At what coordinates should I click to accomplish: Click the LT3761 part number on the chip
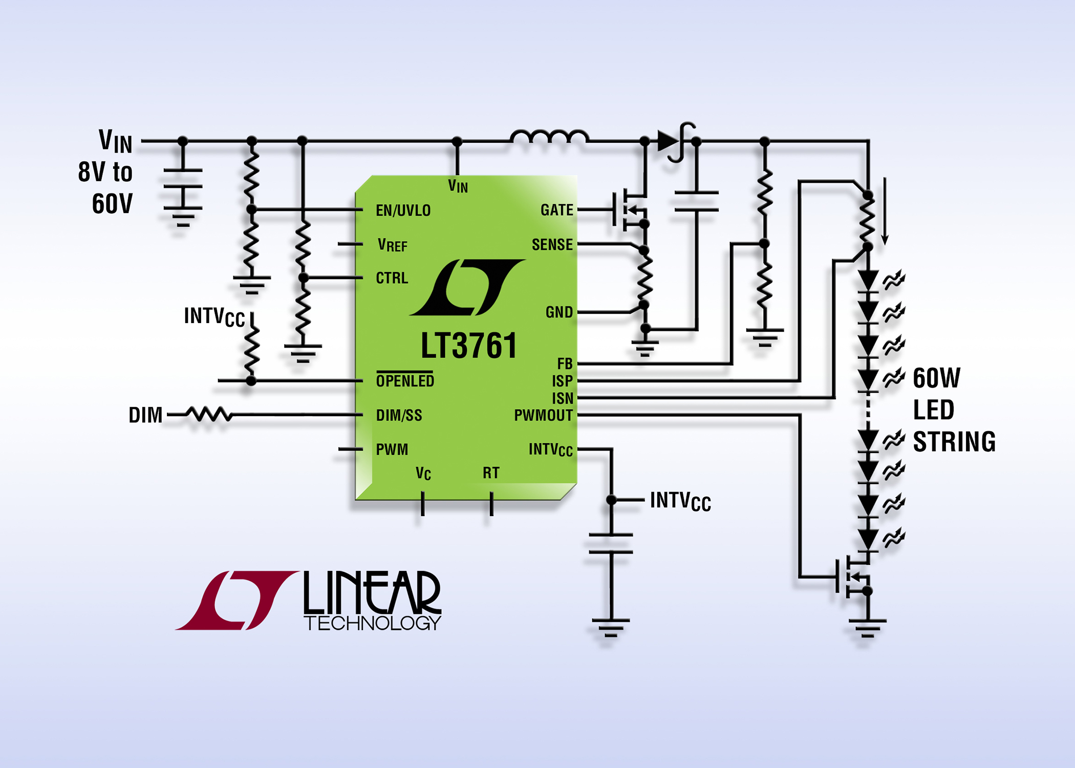[x=468, y=346]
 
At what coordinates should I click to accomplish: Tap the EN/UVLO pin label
[x=403, y=210]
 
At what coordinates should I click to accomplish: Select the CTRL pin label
[x=392, y=278]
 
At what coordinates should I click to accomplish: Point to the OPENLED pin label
[x=405, y=381]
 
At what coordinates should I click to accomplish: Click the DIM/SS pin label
[x=399, y=415]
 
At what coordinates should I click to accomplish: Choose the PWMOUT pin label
[x=543, y=415]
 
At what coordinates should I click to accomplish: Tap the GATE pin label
[x=556, y=210]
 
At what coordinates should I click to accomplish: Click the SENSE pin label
[x=552, y=245]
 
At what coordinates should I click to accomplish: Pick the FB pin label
[x=565, y=364]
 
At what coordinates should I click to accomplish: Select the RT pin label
[x=490, y=473]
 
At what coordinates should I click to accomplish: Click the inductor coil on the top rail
[x=549, y=137]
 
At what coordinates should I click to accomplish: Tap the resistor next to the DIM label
[x=208, y=415]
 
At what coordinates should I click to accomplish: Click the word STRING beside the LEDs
[x=954, y=442]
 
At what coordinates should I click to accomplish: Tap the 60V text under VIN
[x=112, y=204]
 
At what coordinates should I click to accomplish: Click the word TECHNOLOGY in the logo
[x=372, y=623]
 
